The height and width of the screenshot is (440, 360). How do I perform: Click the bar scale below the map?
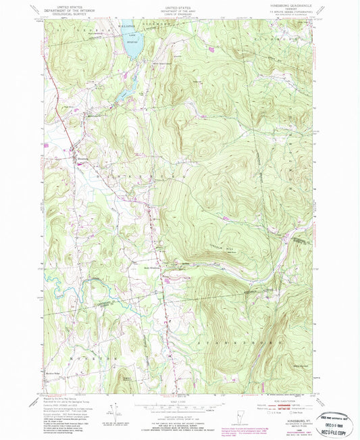(178, 408)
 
